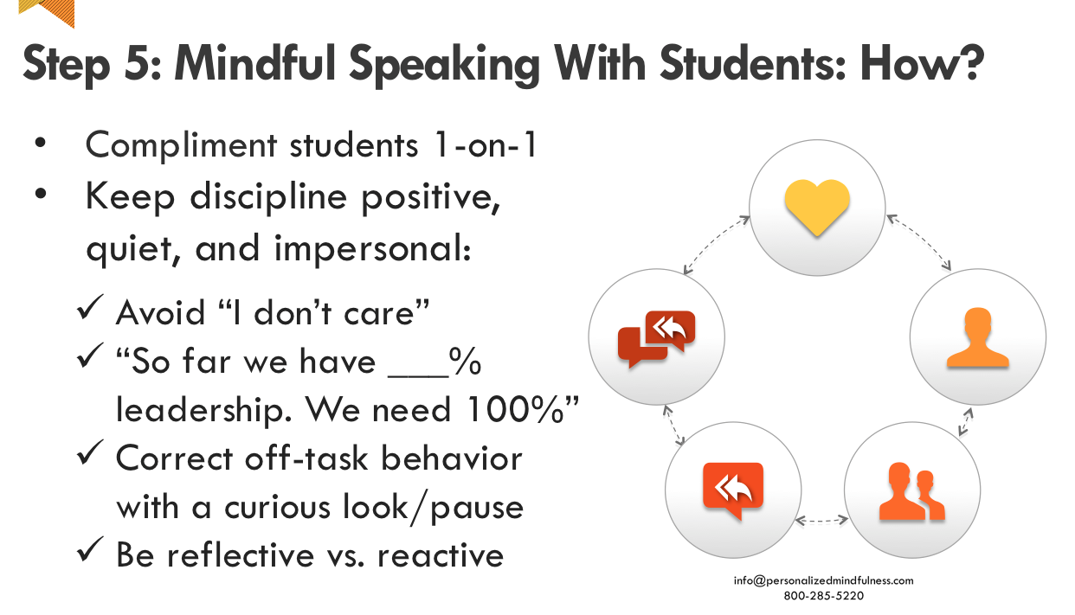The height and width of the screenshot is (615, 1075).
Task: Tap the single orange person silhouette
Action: click(x=977, y=337)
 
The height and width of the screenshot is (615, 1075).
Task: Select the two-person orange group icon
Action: click(x=911, y=491)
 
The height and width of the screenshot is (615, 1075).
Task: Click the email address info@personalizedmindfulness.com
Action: click(x=823, y=580)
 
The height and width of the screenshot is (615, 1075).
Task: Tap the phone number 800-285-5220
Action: click(x=823, y=596)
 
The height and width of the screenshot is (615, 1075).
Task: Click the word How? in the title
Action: click(x=922, y=63)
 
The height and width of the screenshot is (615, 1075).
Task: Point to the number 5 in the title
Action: click(x=136, y=64)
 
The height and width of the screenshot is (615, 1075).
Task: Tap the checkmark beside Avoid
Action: click(x=90, y=306)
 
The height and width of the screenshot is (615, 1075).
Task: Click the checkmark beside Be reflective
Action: click(x=90, y=548)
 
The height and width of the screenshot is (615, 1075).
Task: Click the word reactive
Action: click(x=441, y=555)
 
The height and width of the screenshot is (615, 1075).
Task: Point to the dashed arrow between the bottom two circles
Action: click(x=821, y=520)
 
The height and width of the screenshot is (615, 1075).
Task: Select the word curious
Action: click(x=277, y=507)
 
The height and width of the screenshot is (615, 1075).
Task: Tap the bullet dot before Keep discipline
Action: click(x=41, y=194)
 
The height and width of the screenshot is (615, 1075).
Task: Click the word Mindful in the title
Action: click(x=254, y=63)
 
